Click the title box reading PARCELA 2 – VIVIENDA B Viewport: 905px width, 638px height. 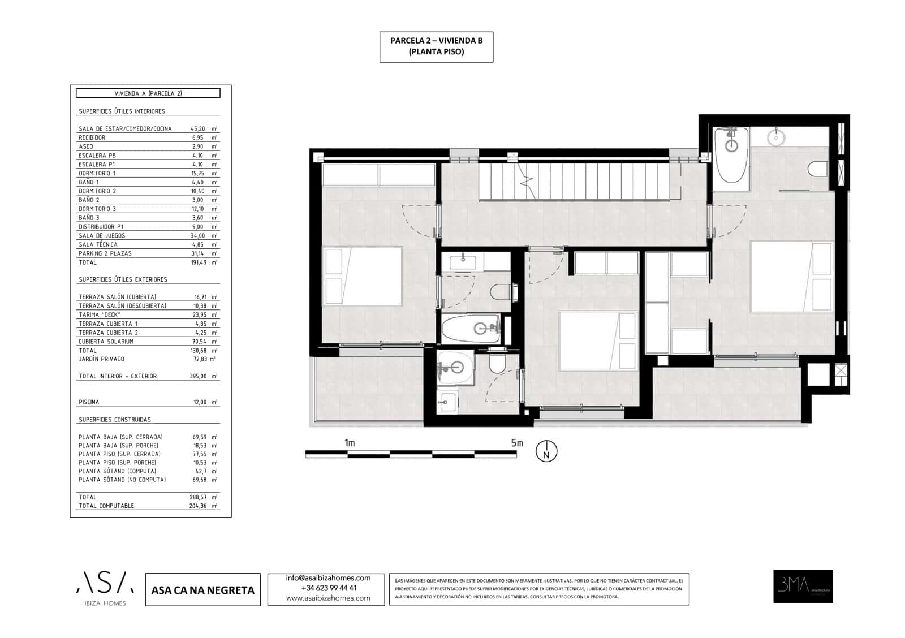[436, 46]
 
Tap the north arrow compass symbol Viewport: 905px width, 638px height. [546, 451]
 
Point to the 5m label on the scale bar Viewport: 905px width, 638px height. [517, 443]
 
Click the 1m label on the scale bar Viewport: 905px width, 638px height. [350, 443]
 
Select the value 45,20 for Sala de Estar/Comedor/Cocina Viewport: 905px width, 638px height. [197, 128]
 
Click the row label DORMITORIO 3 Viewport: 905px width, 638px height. [97, 209]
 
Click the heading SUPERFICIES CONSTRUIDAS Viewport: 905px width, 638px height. [115, 420]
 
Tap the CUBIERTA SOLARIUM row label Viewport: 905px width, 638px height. [106, 342]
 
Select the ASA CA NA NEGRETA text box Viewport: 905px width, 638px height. [203, 590]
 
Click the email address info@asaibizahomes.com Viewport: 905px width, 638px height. [328, 578]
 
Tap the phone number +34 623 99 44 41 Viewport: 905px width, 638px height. [329, 588]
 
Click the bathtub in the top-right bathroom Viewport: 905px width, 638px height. [731, 154]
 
